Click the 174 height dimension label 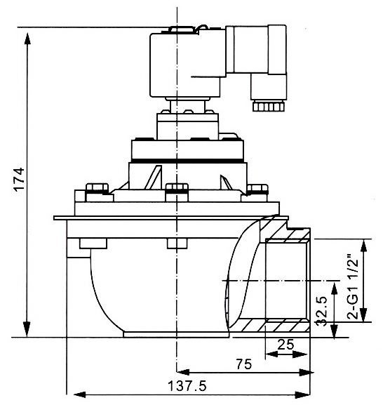pos(20,179)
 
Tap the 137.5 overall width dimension pos(187,386)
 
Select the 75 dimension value pos(244,364)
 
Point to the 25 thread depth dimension pos(285,345)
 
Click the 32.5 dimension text pos(323,311)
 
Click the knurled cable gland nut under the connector pos(269,106)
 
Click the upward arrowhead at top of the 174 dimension pos(27,38)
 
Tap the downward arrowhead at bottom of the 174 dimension pos(27,330)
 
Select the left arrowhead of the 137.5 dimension pos(80,394)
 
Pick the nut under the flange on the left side pos(93,244)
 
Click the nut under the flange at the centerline pos(177,244)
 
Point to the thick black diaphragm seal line pos(187,161)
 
